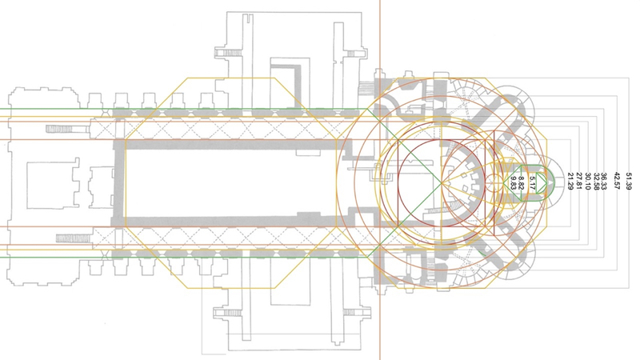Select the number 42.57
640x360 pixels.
coord(617,182)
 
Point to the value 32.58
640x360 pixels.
coord(597,182)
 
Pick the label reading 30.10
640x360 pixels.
coord(588,182)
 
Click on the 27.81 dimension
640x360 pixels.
coord(578,182)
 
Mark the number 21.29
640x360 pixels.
coord(570,182)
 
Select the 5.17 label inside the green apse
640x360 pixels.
coord(532,183)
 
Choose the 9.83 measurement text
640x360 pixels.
coord(514,183)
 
